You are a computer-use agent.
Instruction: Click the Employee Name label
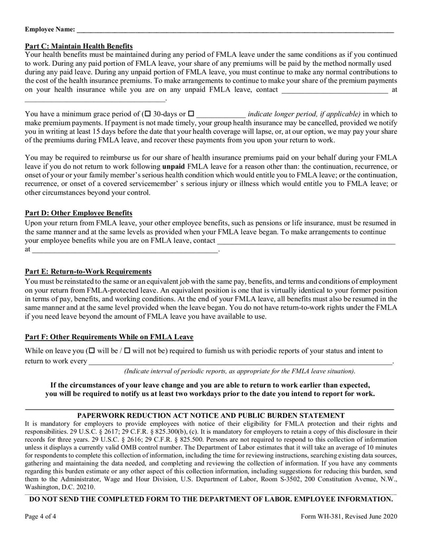(x=50, y=29)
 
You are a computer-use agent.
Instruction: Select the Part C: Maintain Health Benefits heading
(x=79, y=46)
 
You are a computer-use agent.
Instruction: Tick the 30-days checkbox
(x=148, y=114)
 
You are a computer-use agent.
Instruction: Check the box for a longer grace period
(x=191, y=114)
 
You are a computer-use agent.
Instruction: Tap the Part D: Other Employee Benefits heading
(x=79, y=213)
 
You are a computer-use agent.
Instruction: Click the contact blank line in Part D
(x=306, y=242)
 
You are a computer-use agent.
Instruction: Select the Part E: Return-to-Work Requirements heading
(x=88, y=271)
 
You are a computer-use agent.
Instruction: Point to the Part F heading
(x=109, y=337)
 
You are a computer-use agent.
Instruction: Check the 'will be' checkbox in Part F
(x=92, y=351)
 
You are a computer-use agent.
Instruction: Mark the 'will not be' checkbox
(x=127, y=351)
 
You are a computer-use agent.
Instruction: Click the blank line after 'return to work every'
(x=240, y=362)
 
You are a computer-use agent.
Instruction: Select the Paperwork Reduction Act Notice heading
(x=211, y=415)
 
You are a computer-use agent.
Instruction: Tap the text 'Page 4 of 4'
(x=41, y=517)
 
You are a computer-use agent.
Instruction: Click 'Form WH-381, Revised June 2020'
(x=349, y=517)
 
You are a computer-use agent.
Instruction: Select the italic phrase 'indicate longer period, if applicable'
(x=304, y=114)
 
